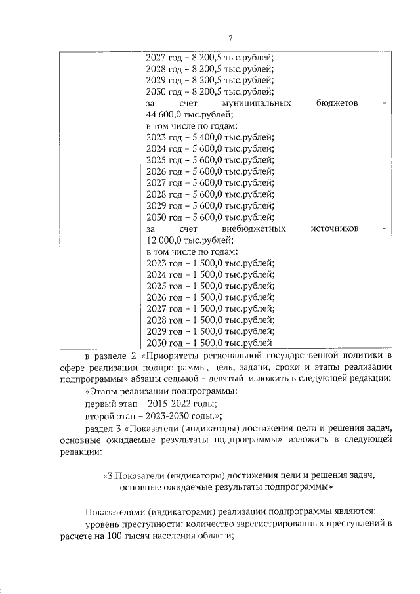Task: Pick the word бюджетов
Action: coord(337,103)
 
